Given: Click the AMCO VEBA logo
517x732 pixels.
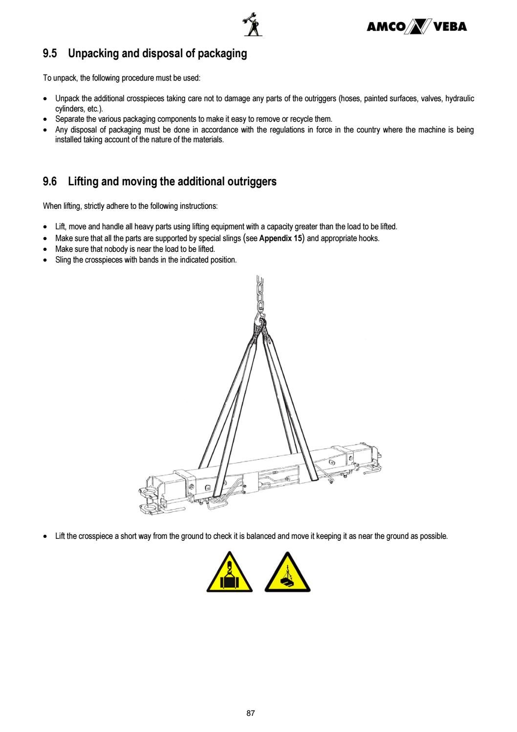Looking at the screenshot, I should [416, 27].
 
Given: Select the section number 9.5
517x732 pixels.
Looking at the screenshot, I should [50, 54].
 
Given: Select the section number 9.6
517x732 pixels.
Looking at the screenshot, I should [50, 182].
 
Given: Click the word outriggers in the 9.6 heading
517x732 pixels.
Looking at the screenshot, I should [252, 182].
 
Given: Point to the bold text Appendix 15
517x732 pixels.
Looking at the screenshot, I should [280, 239].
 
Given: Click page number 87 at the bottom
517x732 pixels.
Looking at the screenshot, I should [251, 713].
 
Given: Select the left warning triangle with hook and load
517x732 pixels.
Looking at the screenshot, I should [229, 573].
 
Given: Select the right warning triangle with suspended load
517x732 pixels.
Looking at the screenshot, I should [288, 573].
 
